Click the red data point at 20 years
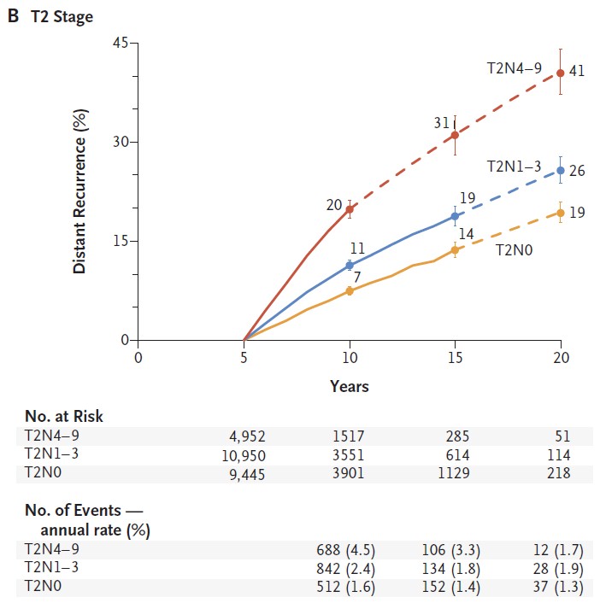pos(561,73)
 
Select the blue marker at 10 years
pos(350,266)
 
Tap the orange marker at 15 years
pos(455,250)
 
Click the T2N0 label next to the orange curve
pos(515,252)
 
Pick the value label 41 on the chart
pos(577,72)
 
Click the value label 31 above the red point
pos(441,123)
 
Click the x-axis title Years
pos(350,387)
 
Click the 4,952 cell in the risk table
pos(245,435)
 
